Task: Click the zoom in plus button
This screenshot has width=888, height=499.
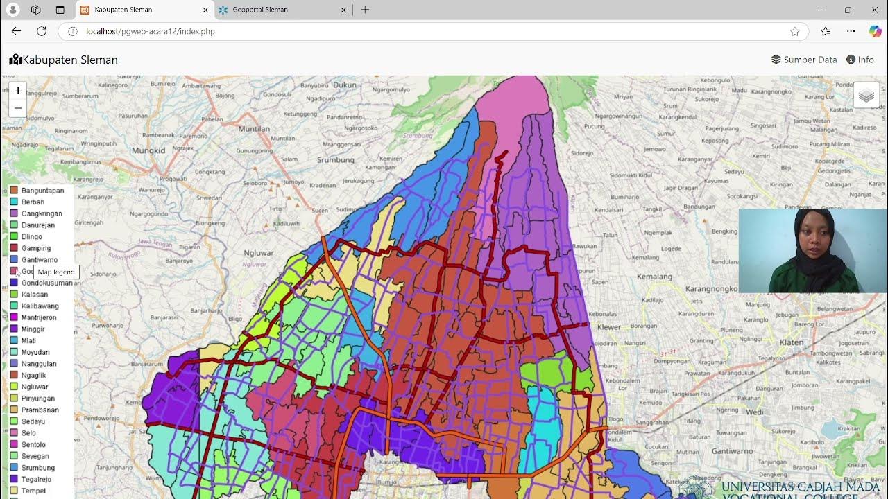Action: (18, 91)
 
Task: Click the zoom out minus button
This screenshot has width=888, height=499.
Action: (18, 108)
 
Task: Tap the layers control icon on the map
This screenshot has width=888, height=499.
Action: (866, 96)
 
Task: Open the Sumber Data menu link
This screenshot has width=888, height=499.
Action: (804, 60)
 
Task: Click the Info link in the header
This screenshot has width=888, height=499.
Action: (860, 60)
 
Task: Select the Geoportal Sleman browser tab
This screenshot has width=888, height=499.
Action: (260, 10)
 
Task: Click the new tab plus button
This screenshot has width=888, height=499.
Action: (365, 10)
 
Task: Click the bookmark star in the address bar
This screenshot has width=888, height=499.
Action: (795, 31)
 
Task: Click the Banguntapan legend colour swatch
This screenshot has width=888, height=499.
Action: (14, 191)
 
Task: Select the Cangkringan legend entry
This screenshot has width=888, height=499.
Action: (42, 213)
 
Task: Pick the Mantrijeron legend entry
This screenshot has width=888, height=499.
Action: (39, 317)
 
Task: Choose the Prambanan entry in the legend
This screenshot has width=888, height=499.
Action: (40, 410)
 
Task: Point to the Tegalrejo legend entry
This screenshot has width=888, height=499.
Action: (38, 479)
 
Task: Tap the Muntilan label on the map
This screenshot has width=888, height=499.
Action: (254, 129)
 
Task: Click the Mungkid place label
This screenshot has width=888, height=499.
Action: (148, 150)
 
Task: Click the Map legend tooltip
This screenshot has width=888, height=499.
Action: (56, 272)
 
